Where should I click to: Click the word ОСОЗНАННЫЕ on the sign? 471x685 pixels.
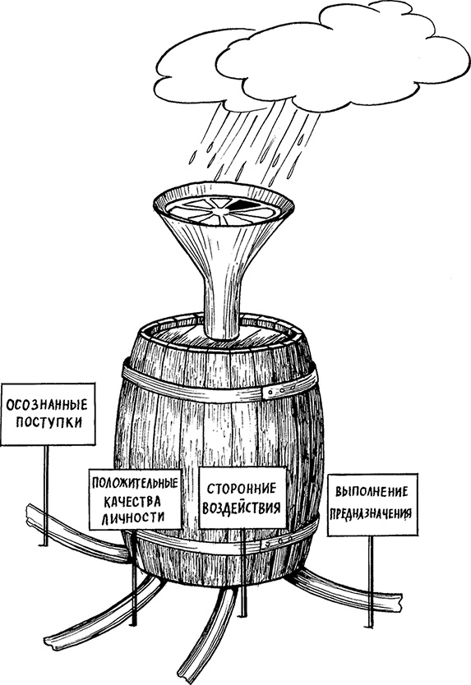47,404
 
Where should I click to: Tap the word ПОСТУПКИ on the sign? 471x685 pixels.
48,423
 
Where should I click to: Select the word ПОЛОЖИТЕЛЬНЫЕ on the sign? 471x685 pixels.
135,483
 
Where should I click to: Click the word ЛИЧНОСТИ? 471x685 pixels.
133,517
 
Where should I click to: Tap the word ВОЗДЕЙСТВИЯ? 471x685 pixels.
242,508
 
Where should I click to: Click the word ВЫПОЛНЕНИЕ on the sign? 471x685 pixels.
372,492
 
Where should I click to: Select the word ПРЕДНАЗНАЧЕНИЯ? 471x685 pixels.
371,513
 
